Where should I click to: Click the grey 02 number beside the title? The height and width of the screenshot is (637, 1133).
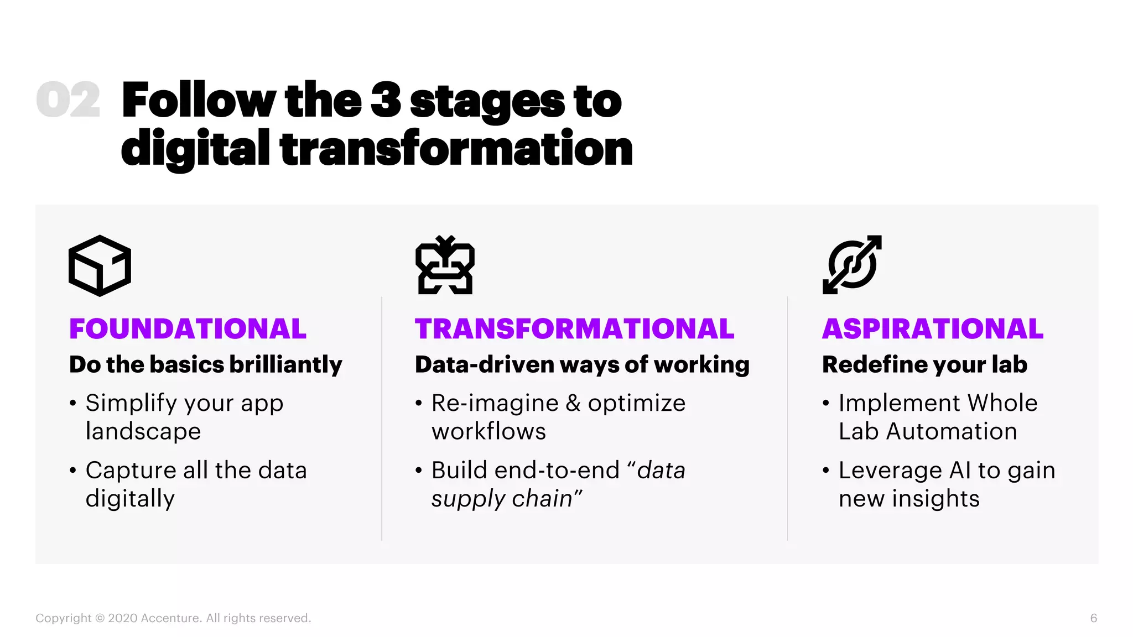(68, 100)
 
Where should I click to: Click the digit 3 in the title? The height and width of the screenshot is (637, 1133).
(386, 100)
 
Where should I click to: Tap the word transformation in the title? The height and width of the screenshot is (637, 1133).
(456, 148)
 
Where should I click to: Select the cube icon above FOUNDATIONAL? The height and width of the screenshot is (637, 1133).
(100, 265)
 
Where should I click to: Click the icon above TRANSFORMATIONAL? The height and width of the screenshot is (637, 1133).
(445, 265)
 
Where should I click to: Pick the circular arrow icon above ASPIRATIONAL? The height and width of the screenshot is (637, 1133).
(852, 264)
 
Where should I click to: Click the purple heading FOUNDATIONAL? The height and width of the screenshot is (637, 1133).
(188, 329)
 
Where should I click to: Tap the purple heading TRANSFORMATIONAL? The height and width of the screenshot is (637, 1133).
(574, 329)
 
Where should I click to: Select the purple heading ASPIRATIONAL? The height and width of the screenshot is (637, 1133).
(933, 329)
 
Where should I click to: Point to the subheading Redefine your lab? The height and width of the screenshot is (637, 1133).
(924, 365)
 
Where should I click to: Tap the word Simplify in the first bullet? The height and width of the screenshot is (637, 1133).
(131, 404)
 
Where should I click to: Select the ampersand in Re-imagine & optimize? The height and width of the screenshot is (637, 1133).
(573, 403)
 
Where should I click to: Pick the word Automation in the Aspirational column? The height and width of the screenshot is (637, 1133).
(952, 431)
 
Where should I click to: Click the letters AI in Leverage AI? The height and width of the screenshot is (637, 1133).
(960, 471)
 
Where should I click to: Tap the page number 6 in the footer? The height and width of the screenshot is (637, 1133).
(1093, 618)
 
